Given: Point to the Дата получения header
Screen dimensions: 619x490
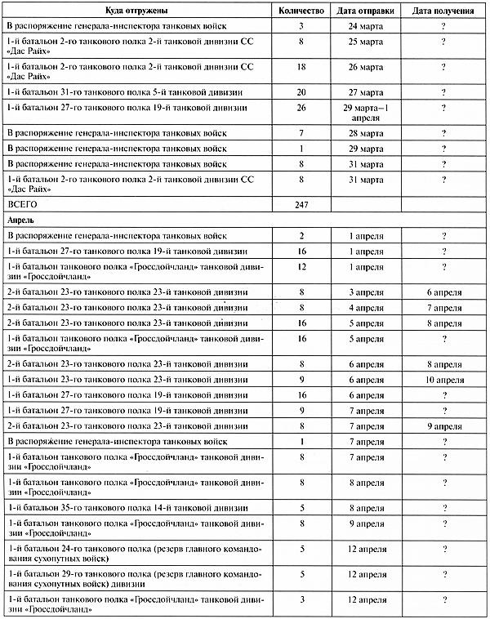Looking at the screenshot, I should click(x=443, y=12).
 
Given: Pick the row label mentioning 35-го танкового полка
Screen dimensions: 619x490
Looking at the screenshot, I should click(x=127, y=507).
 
